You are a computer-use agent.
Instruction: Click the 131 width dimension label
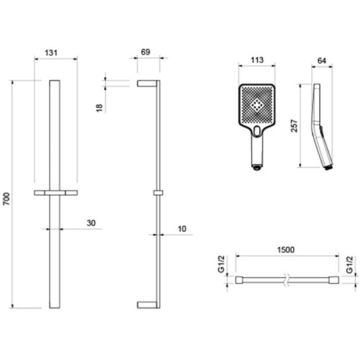click(51, 53)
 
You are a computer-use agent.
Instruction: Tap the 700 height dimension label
click(6, 199)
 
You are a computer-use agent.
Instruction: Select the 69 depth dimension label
click(145, 52)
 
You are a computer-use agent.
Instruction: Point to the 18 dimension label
click(99, 108)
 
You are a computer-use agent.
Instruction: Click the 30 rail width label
click(91, 223)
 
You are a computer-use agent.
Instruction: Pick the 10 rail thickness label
click(182, 229)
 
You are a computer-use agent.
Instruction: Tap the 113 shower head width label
click(257, 60)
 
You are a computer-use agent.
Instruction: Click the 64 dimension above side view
click(322, 60)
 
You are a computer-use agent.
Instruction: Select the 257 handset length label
click(294, 126)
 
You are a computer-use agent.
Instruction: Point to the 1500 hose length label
click(286, 250)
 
